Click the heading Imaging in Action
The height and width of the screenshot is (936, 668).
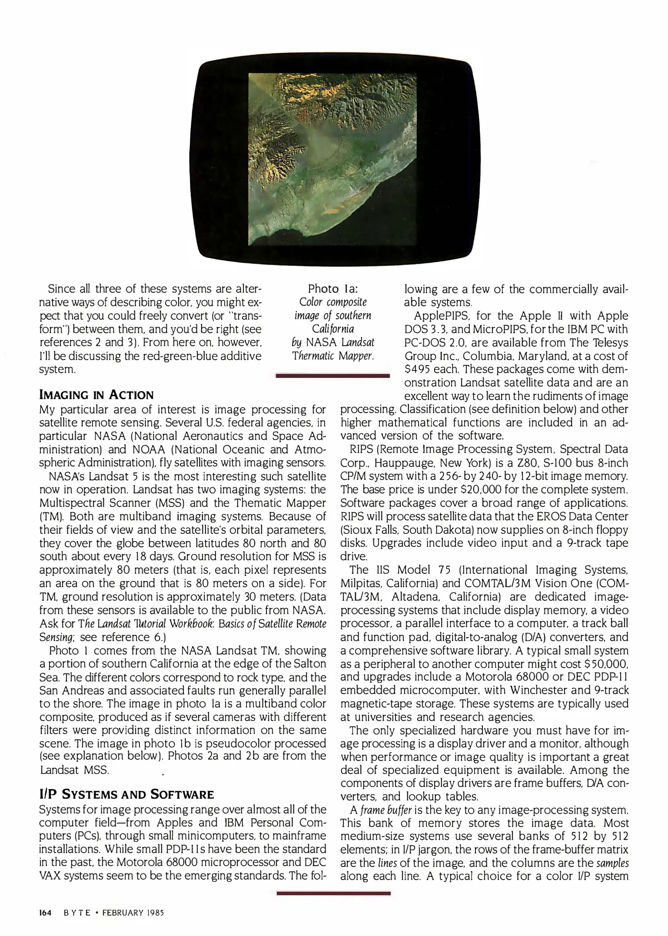click(96, 395)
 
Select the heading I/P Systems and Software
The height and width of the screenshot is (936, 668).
click(126, 794)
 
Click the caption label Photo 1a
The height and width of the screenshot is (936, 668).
click(333, 289)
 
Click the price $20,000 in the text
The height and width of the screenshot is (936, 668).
click(481, 490)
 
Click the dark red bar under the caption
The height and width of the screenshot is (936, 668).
click(333, 376)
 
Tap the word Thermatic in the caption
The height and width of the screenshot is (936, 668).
click(314, 356)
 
